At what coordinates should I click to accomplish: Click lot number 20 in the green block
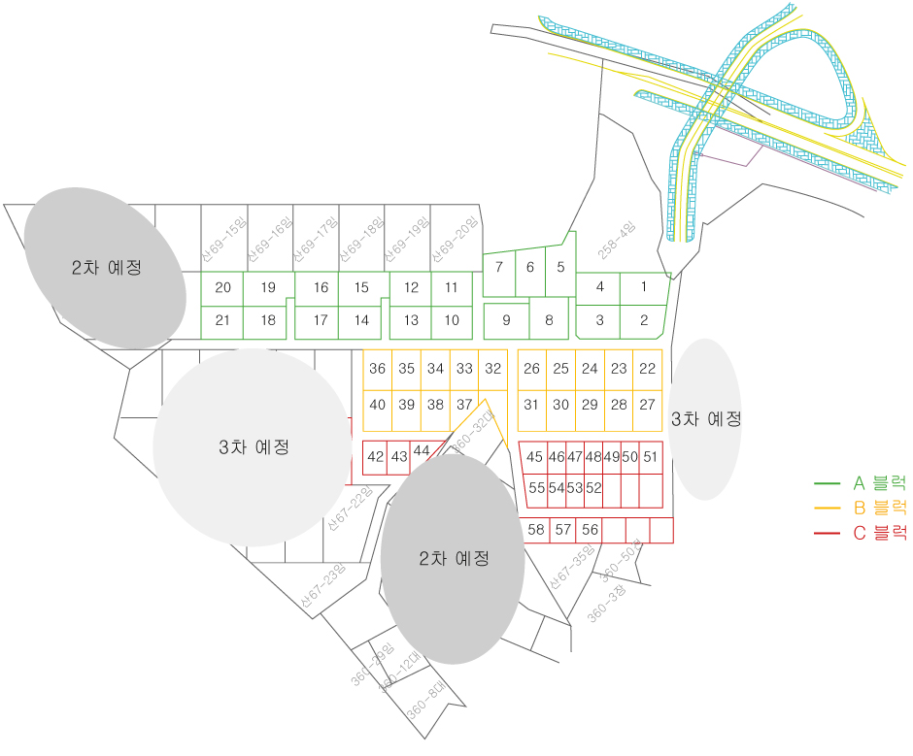[x=222, y=287]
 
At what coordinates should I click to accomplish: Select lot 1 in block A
[x=643, y=286]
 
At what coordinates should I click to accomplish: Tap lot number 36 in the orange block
[x=378, y=369]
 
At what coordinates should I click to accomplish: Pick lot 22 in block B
[x=648, y=369]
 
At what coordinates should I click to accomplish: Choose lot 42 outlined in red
[x=376, y=456]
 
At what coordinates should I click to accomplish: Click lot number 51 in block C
[x=651, y=456]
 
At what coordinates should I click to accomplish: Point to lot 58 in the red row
[x=536, y=530]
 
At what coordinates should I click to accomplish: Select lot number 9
[x=506, y=320]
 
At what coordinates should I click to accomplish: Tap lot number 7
[x=498, y=267]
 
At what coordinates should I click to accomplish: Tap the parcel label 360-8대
[x=424, y=699]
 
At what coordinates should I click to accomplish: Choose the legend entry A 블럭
[x=879, y=482]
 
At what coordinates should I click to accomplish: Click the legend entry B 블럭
[x=879, y=507]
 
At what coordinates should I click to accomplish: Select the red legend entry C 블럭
[x=879, y=532]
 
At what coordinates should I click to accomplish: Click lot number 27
[x=648, y=405]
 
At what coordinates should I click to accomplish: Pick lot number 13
[x=412, y=320]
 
